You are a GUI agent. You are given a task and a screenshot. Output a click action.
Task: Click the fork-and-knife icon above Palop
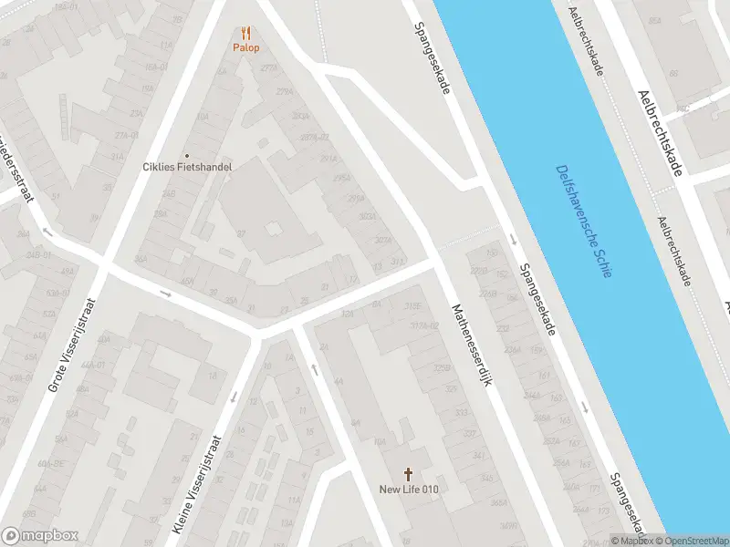click(245, 33)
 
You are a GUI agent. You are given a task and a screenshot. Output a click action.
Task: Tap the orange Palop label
click(245, 47)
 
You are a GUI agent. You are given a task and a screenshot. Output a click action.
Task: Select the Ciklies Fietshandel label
click(188, 167)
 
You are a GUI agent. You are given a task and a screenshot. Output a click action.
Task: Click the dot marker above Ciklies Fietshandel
click(188, 155)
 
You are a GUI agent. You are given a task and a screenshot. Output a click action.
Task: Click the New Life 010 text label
click(410, 490)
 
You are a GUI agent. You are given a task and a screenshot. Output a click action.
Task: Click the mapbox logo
click(40, 536)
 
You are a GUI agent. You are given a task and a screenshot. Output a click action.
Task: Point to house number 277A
click(268, 67)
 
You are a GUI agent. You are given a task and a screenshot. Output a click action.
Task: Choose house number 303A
click(368, 217)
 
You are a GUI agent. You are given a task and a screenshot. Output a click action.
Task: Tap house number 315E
click(413, 306)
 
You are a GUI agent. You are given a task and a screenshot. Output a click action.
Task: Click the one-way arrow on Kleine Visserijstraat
click(234, 397)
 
